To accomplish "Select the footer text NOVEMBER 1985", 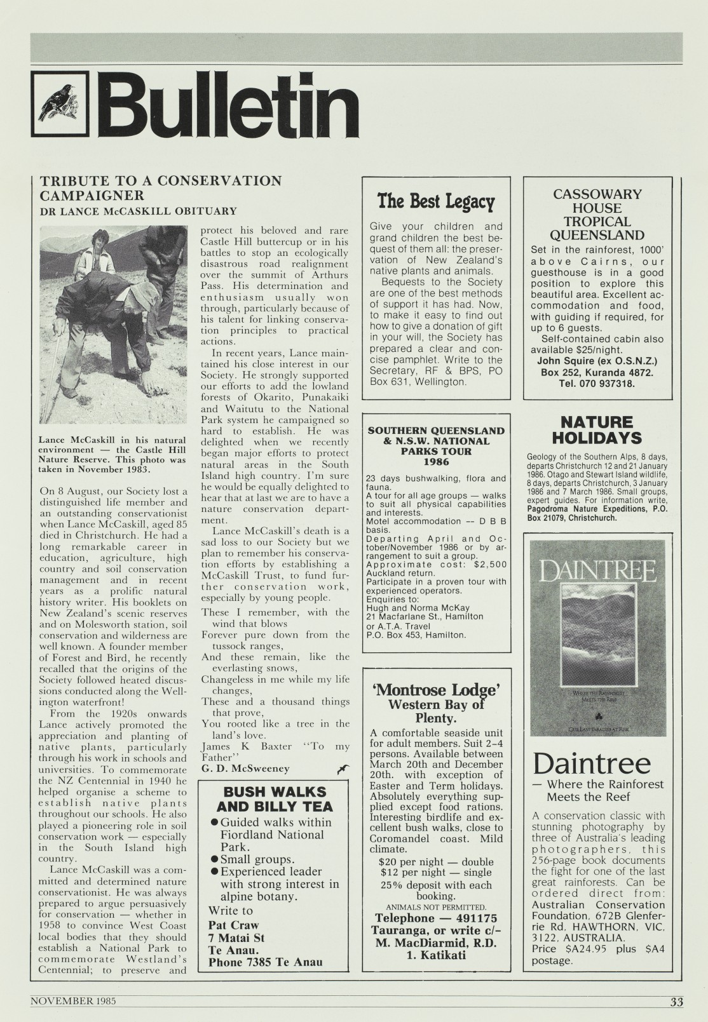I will point(72,1000).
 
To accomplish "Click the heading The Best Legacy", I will point(435,202).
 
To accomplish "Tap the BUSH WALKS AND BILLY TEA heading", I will point(275,799).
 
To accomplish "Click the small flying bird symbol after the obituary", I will point(344,770).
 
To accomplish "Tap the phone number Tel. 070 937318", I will point(597,384).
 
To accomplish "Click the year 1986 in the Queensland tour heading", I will point(435,462).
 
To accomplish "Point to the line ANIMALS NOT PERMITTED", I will point(435,906).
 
